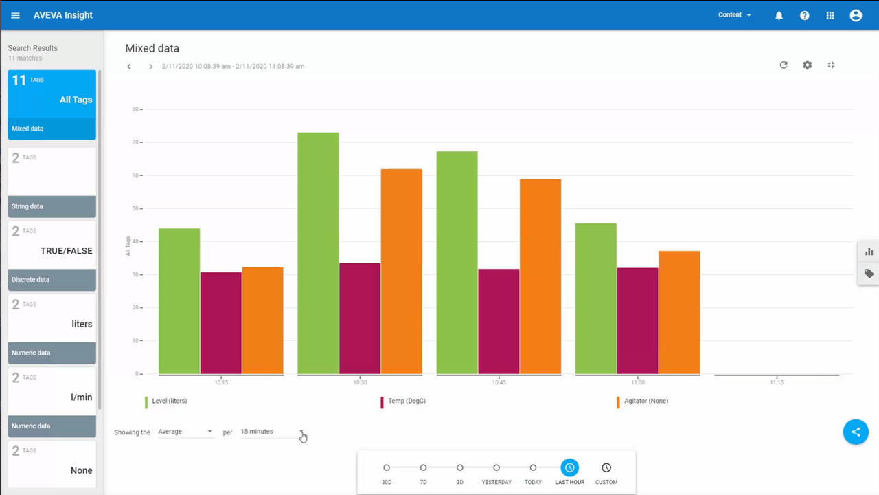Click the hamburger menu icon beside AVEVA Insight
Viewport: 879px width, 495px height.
16,15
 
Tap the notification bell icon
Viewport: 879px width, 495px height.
779,15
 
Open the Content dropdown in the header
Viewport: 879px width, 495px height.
734,15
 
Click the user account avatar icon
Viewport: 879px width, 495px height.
856,15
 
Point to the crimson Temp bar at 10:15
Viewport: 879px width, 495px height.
221,323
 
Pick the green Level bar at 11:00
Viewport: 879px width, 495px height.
596,298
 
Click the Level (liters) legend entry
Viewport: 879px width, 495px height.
169,401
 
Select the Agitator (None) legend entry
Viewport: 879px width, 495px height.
646,401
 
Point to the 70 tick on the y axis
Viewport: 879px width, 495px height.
135,142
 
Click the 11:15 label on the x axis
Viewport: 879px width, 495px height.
777,382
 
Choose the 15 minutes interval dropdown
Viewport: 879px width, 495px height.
272,432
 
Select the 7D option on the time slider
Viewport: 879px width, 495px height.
423,468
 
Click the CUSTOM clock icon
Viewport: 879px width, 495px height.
606,468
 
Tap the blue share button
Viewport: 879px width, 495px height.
856,432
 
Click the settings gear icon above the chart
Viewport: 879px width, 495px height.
808,65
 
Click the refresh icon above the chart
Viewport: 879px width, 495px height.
784,65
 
